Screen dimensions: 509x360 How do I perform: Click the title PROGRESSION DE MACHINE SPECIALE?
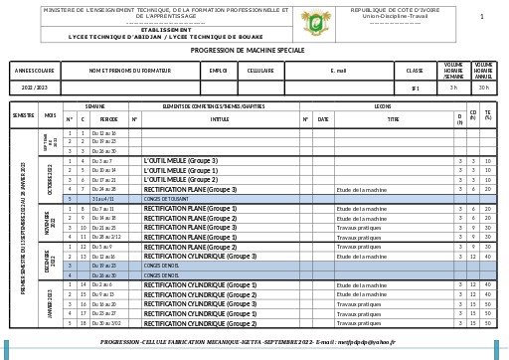pos(248,50)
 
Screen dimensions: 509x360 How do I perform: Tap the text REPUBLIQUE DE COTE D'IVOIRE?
pos(395,10)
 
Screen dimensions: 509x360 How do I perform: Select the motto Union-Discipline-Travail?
pos(395,17)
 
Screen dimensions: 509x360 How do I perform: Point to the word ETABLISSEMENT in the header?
pos(166,30)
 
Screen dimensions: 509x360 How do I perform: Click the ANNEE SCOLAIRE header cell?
pos(35,71)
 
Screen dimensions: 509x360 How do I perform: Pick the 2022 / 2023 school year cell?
pos(35,88)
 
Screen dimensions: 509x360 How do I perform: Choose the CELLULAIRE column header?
pos(260,71)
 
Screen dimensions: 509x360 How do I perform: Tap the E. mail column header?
pos(338,71)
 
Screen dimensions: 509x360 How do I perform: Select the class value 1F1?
pos(415,88)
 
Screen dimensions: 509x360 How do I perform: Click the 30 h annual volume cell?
pos(483,88)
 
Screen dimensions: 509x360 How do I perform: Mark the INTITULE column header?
pos(220,119)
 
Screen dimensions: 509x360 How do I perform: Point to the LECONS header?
pos(383,105)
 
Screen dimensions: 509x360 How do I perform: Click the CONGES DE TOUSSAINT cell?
pos(166,199)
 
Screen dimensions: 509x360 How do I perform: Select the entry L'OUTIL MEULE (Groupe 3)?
pos(180,160)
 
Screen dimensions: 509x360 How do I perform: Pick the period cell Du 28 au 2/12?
pos(106,237)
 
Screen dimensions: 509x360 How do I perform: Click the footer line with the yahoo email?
pos(248,342)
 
